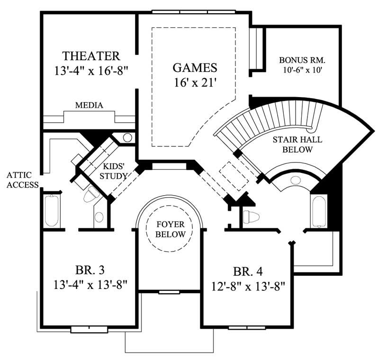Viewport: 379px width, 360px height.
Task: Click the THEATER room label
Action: pyautogui.click(x=91, y=56)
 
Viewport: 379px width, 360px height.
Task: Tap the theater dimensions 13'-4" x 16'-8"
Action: pyautogui.click(x=91, y=71)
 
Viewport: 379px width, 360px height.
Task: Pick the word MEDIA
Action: pyautogui.click(x=89, y=105)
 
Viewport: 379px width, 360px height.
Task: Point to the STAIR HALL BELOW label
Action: pyautogui.click(x=291, y=144)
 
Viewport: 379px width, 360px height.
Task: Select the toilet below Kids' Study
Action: pyautogui.click(x=91, y=195)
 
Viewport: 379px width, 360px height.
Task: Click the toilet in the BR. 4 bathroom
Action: pyautogui.click(x=251, y=217)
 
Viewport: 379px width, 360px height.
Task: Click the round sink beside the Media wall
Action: pyautogui.click(x=127, y=138)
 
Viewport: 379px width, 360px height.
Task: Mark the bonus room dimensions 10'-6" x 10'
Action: pyautogui.click(x=302, y=70)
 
